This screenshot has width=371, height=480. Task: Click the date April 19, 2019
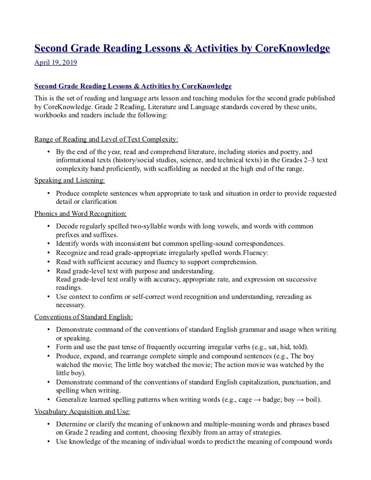click(56, 62)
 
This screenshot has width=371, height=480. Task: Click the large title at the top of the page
click(182, 49)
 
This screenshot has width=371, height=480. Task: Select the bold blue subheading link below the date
click(133, 86)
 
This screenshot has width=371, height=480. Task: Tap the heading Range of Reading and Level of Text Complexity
click(106, 140)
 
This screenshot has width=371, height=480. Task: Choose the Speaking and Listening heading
click(70, 181)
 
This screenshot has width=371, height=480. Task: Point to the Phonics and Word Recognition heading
click(81, 213)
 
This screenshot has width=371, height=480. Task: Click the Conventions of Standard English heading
click(84, 317)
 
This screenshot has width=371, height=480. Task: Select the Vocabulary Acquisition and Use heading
click(82, 412)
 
